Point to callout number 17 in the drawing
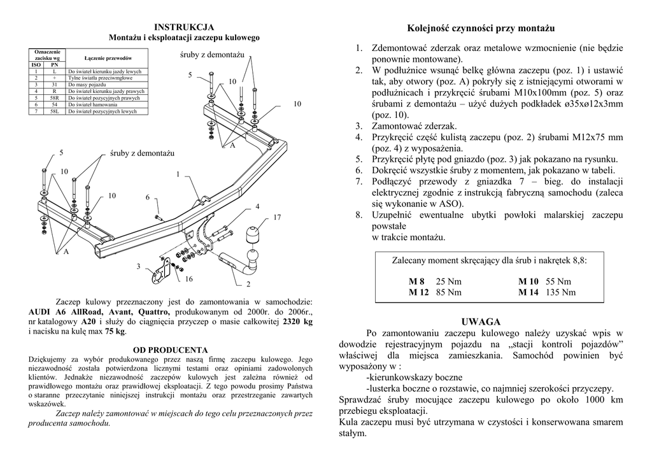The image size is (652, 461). tap(277, 218)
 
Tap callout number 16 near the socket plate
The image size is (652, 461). tap(188, 279)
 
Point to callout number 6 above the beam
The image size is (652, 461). tap(147, 197)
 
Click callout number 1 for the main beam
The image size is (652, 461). tap(178, 174)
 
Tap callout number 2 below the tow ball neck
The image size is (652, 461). tap(248, 284)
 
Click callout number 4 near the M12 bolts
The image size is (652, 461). tap(257, 206)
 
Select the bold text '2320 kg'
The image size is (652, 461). tap(297, 322)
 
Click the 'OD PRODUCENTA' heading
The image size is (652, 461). tap(170, 350)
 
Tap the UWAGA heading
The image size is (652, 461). tap(481, 322)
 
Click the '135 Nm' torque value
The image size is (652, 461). tap(560, 292)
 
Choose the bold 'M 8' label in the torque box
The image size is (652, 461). tap(416, 281)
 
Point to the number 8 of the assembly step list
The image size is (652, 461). tap(358, 215)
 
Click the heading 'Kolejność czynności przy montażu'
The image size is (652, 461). tap(481, 29)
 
